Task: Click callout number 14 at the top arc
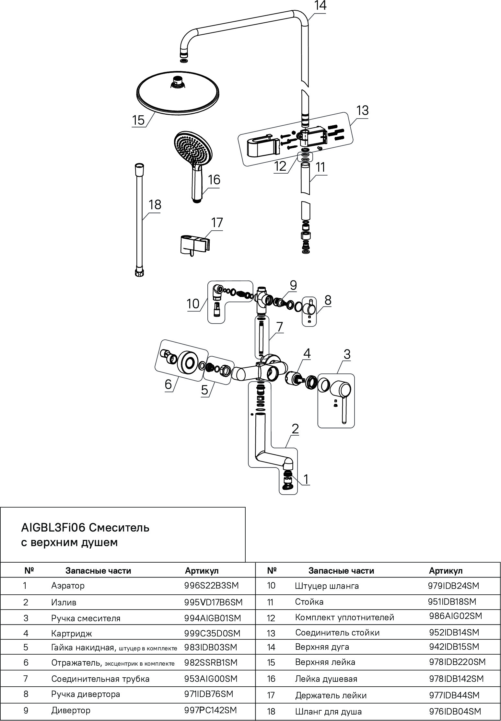(x=320, y=6)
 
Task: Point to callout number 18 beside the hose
(x=155, y=205)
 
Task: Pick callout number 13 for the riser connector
(x=362, y=111)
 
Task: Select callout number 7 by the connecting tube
(x=280, y=327)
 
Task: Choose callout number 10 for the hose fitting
(x=193, y=304)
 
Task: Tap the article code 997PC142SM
(x=211, y=710)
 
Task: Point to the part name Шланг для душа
(x=328, y=712)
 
